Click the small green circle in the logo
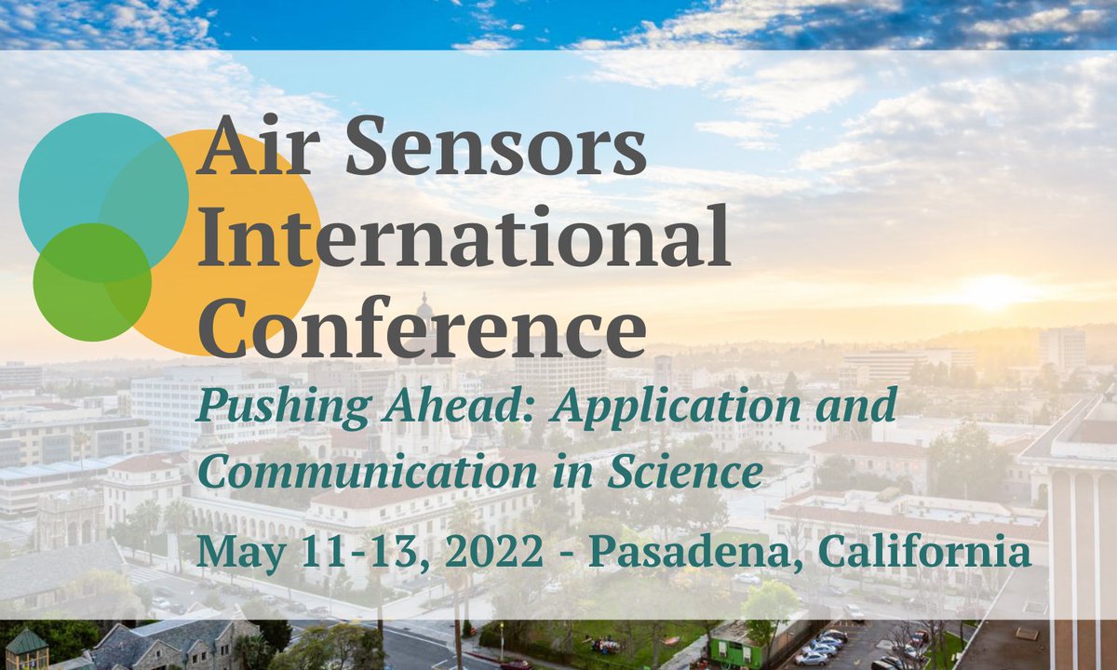(91, 282)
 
